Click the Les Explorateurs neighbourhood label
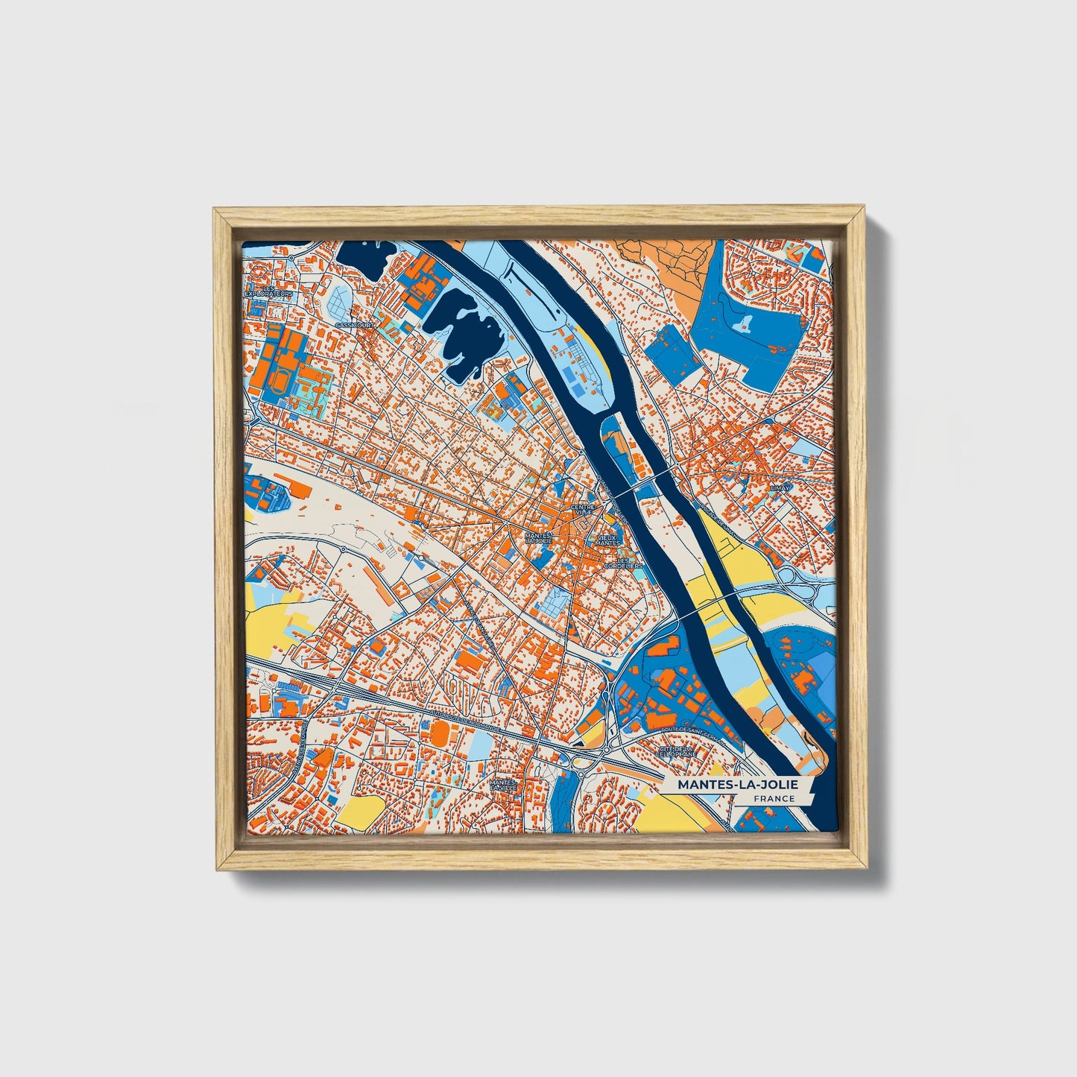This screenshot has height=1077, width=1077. (269, 291)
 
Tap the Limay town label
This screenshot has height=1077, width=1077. (780, 487)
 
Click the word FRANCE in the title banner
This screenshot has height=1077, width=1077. (773, 799)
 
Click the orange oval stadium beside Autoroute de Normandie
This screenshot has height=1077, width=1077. (440, 732)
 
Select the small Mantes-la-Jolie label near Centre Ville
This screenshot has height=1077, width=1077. (538, 537)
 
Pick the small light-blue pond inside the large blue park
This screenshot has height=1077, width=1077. (745, 323)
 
